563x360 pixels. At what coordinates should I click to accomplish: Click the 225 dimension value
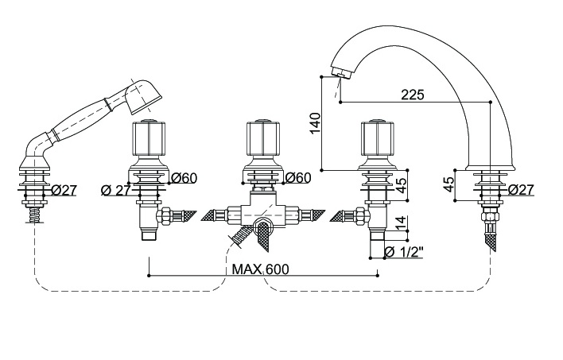(x=412, y=94)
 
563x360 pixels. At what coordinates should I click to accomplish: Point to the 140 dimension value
(x=315, y=123)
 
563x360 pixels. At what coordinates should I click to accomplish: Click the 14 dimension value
(x=401, y=223)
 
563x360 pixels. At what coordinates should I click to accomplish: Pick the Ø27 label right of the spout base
(x=520, y=189)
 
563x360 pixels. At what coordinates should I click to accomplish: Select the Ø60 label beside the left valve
(x=184, y=177)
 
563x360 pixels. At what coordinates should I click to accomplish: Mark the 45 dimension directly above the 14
(x=401, y=184)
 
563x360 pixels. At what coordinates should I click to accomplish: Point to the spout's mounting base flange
(x=489, y=170)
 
